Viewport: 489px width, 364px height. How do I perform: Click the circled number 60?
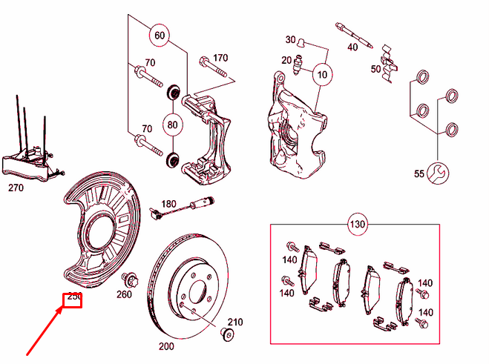point(158,35)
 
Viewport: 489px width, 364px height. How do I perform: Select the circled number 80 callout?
point(172,125)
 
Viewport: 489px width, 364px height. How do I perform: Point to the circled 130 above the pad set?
point(358,224)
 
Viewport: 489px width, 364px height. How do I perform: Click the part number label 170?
point(220,58)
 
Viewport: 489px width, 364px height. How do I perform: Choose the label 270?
point(16,188)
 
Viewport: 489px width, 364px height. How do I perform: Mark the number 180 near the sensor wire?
point(168,204)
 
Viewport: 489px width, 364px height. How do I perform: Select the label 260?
point(124,295)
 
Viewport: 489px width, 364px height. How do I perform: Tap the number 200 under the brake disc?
point(165,346)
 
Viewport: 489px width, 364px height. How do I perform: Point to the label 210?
point(234,322)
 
